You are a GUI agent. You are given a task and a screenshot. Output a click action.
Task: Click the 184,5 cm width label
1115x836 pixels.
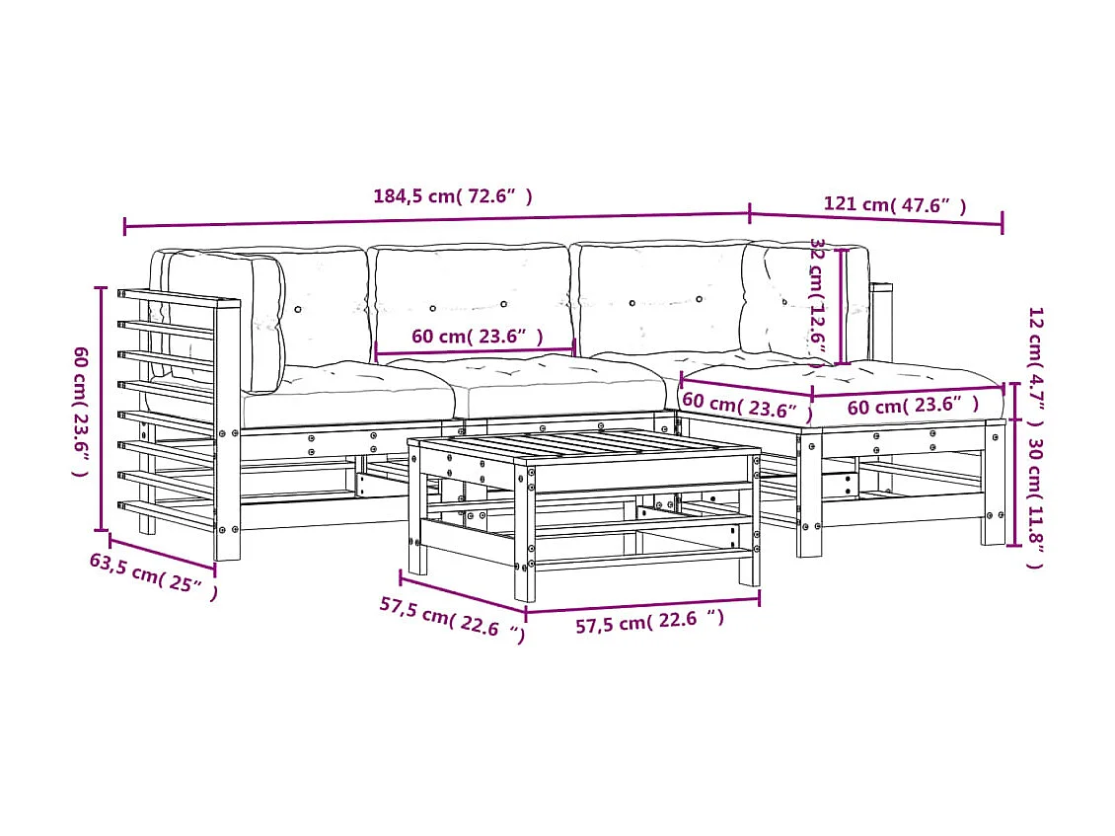(x=453, y=196)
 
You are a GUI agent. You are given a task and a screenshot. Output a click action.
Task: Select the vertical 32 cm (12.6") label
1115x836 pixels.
(x=817, y=300)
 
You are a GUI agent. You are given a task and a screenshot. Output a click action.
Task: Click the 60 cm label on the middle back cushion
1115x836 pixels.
(x=477, y=337)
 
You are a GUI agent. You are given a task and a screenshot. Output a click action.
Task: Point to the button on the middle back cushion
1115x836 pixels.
(x=503, y=304)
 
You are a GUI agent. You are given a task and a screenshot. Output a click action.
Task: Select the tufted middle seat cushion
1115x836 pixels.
(x=553, y=385)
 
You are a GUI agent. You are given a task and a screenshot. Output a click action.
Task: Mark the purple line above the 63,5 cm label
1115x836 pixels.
(x=162, y=554)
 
